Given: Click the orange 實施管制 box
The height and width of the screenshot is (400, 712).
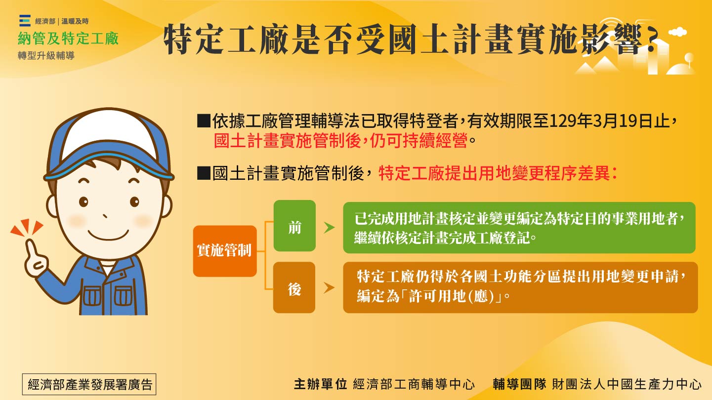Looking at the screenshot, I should point(225,251).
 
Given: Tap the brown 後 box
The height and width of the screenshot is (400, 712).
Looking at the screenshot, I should point(294,288).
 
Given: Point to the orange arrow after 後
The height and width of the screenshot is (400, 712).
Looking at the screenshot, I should point(329,288).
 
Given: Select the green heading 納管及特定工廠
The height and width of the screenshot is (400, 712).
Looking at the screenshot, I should point(68,39).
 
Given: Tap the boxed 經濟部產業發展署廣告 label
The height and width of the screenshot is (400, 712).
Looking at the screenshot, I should point(89,384).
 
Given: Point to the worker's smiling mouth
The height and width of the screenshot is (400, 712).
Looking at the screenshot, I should point(107,233).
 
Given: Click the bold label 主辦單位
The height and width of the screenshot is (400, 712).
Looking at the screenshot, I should point(320,384).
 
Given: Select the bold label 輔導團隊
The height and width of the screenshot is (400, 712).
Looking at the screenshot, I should point(519,384).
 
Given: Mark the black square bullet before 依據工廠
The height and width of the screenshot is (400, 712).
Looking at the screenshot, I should point(204,121).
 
